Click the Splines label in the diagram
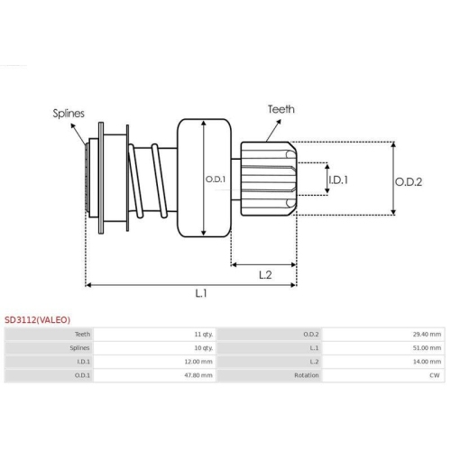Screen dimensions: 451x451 69,114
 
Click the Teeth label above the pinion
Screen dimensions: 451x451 281,109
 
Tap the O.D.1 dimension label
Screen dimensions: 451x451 215,179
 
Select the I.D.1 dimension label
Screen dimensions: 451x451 339,179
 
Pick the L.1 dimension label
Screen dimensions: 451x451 201,293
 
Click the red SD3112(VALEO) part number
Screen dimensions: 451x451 39,318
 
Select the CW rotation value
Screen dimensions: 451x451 436,375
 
